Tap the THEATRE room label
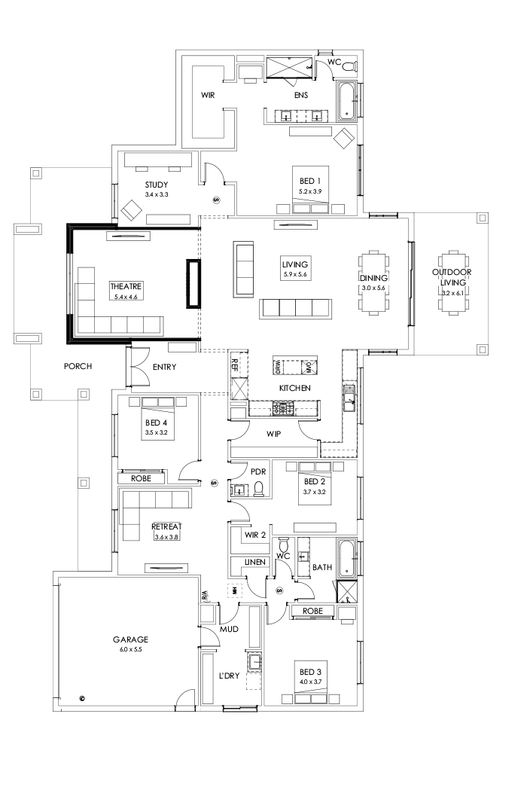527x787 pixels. [x=126, y=287]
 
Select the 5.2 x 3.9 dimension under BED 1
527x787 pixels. [x=310, y=192]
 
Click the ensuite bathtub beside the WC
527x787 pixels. [x=346, y=102]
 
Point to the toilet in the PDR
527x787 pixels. [x=259, y=490]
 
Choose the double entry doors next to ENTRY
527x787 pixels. [x=139, y=368]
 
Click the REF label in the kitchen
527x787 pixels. [x=235, y=365]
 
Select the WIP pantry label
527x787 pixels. [x=273, y=435]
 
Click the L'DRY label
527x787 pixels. [x=229, y=676]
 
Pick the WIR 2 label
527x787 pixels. [x=254, y=535]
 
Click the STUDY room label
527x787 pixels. [x=157, y=185]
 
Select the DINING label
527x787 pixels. [x=373, y=278]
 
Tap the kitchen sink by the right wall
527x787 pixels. [x=349, y=398]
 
